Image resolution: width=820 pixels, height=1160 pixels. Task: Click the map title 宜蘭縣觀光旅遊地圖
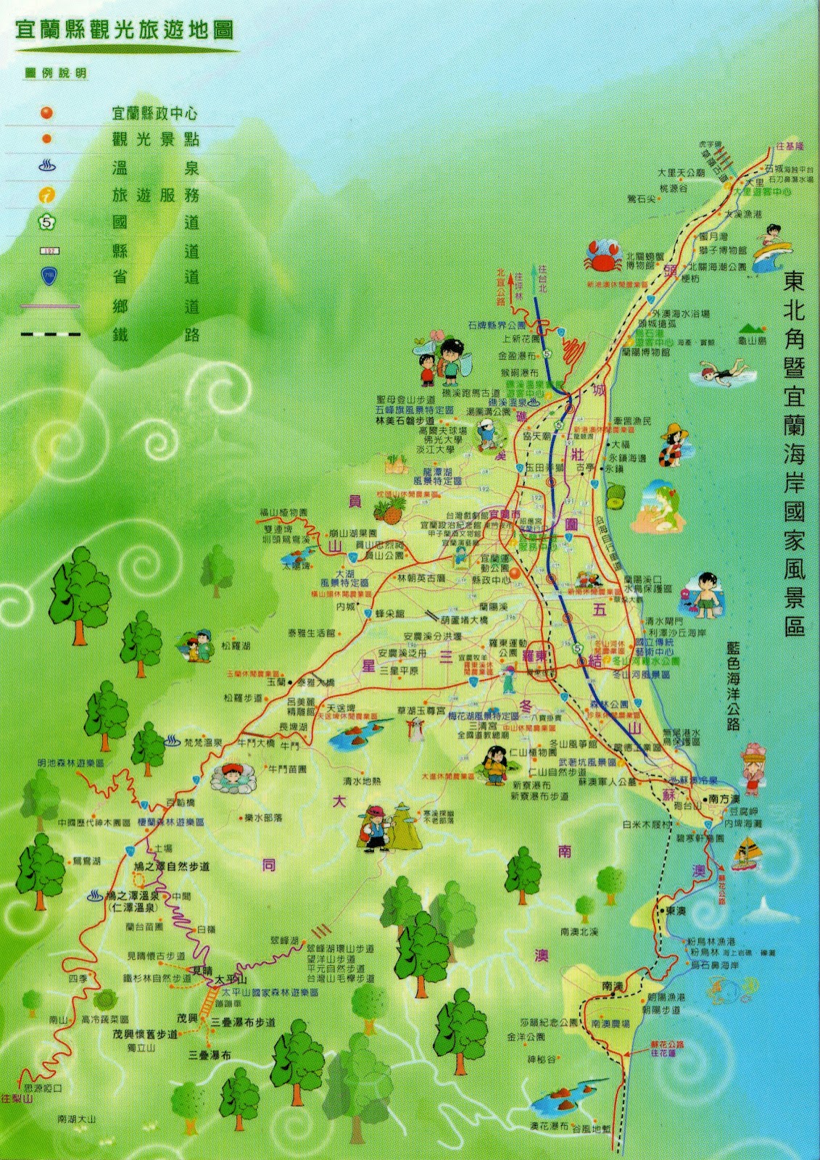click(124, 30)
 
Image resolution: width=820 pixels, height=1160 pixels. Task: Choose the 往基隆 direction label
click(790, 146)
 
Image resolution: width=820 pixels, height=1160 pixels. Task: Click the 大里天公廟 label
click(681, 173)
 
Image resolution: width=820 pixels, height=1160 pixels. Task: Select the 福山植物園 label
click(284, 513)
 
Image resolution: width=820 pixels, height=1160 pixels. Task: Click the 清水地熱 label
click(362, 781)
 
